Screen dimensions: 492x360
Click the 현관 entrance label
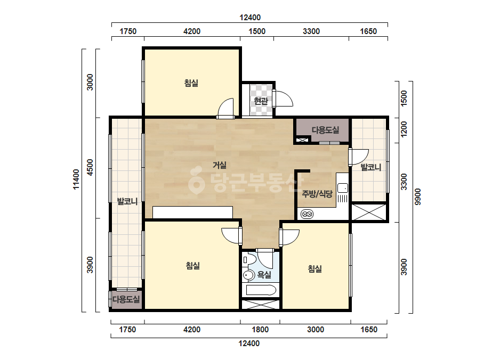click(x=261, y=101)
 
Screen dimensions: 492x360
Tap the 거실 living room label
click(x=219, y=165)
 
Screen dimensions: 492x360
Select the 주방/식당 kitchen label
click(x=317, y=194)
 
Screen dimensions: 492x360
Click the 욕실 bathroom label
click(x=264, y=275)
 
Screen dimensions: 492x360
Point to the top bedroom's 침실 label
click(x=191, y=83)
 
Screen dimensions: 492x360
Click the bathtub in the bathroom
click(x=261, y=290)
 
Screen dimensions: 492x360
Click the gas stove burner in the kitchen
click(x=307, y=215)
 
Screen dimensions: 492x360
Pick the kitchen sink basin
click(x=342, y=188)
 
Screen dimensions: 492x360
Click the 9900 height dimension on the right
click(x=417, y=197)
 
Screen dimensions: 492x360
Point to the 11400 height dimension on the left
click(x=76, y=179)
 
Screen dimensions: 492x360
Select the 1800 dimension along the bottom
click(x=260, y=330)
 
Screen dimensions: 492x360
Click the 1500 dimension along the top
click(x=257, y=31)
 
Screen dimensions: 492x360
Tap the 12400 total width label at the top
click(x=250, y=18)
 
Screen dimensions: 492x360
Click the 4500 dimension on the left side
click(x=90, y=167)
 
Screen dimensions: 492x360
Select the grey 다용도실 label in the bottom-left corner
click(x=126, y=299)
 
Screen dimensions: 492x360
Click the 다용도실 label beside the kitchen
click(x=325, y=130)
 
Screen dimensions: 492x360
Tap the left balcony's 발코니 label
click(x=127, y=201)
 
